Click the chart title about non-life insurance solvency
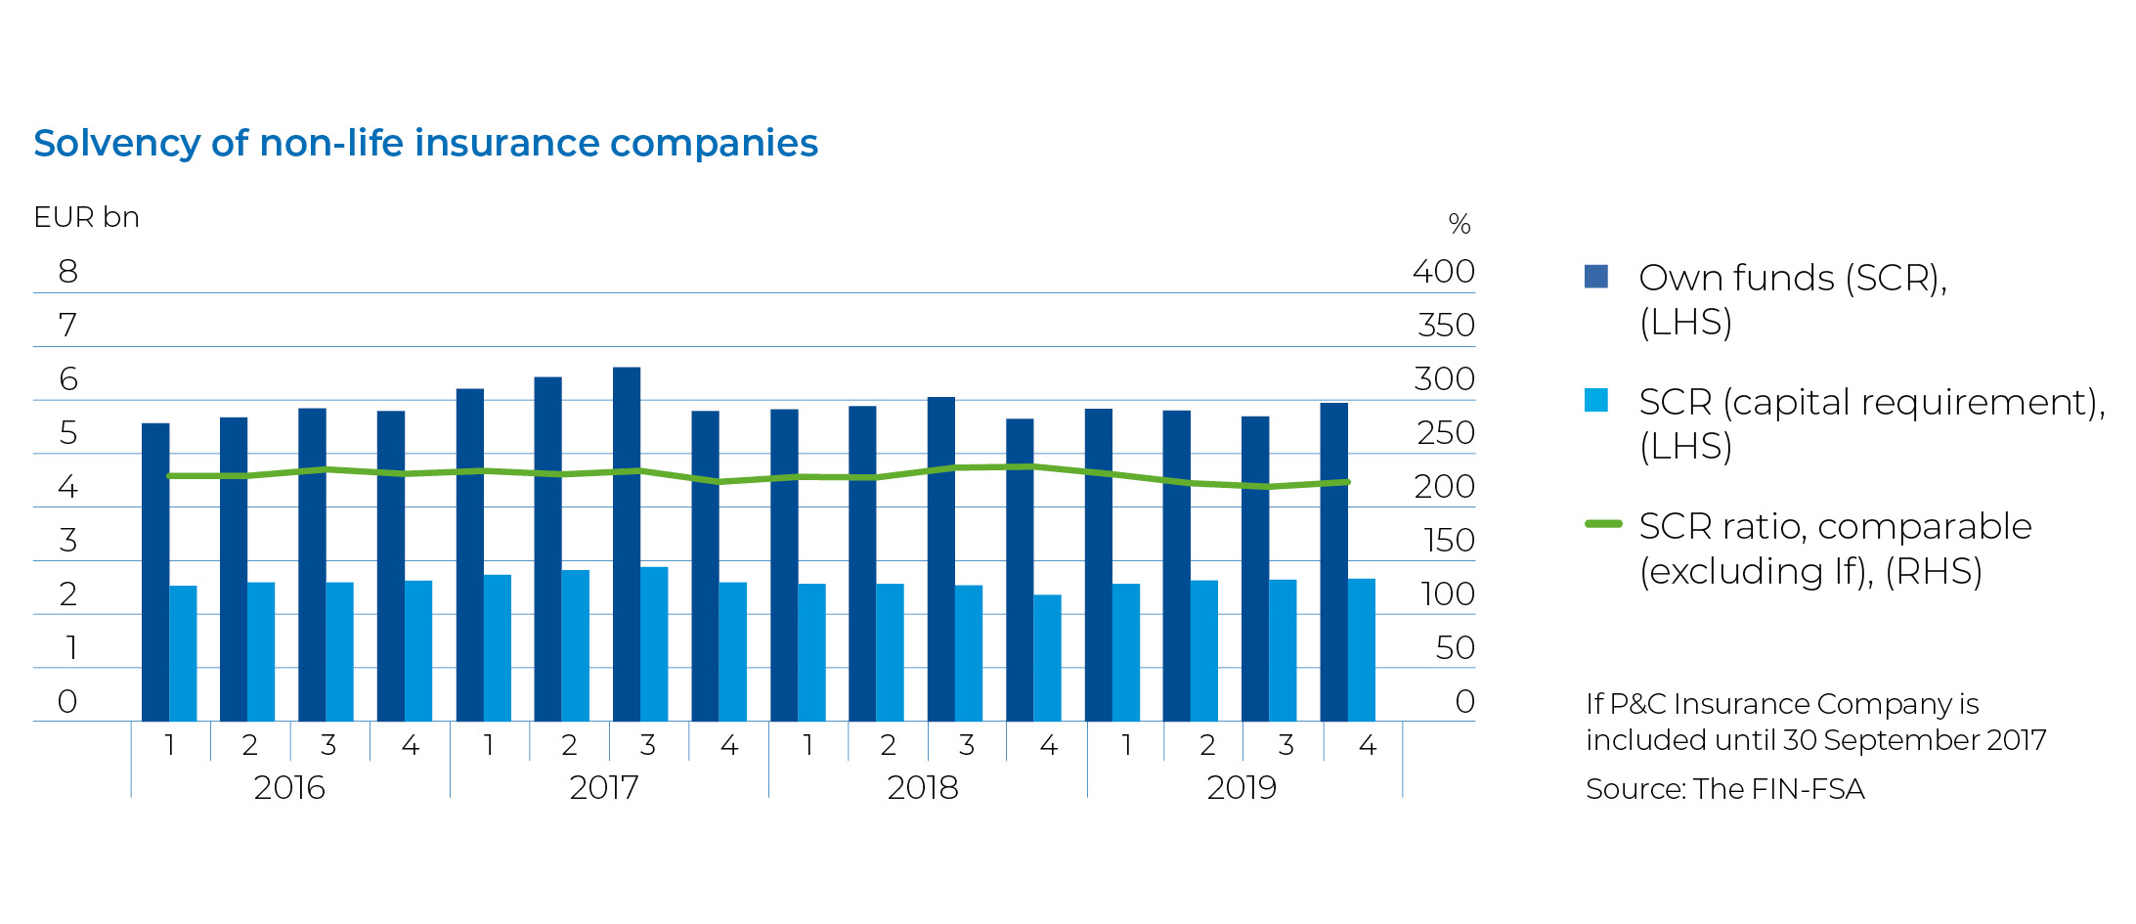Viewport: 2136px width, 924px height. coord(425,143)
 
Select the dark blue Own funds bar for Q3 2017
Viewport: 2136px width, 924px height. coord(627,544)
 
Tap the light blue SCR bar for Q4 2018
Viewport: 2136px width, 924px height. coord(1047,657)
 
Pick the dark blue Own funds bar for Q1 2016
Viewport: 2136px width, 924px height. coord(155,572)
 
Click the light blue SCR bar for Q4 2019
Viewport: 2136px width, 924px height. coord(1362,649)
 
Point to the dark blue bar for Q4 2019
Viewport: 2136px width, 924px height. coord(1333,561)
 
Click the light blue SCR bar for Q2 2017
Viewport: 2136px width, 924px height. coord(576,645)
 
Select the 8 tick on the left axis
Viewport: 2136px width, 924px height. coord(67,271)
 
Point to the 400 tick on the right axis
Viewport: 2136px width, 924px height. coord(1443,271)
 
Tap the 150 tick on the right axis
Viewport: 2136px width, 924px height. coord(1448,540)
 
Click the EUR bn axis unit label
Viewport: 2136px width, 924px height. coord(86,217)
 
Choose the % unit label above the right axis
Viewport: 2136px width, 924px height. coord(1459,224)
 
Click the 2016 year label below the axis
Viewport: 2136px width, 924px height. coord(288,787)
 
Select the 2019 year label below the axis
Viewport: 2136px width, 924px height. coord(1242,787)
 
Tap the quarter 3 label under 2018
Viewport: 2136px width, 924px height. coord(967,745)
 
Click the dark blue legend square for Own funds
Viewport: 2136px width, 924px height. coord(1595,277)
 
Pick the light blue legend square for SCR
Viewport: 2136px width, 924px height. coord(1595,400)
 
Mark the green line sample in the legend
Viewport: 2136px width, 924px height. coord(1602,524)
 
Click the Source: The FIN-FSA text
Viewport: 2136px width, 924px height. coord(1724,788)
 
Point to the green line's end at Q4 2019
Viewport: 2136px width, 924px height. coord(1348,482)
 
